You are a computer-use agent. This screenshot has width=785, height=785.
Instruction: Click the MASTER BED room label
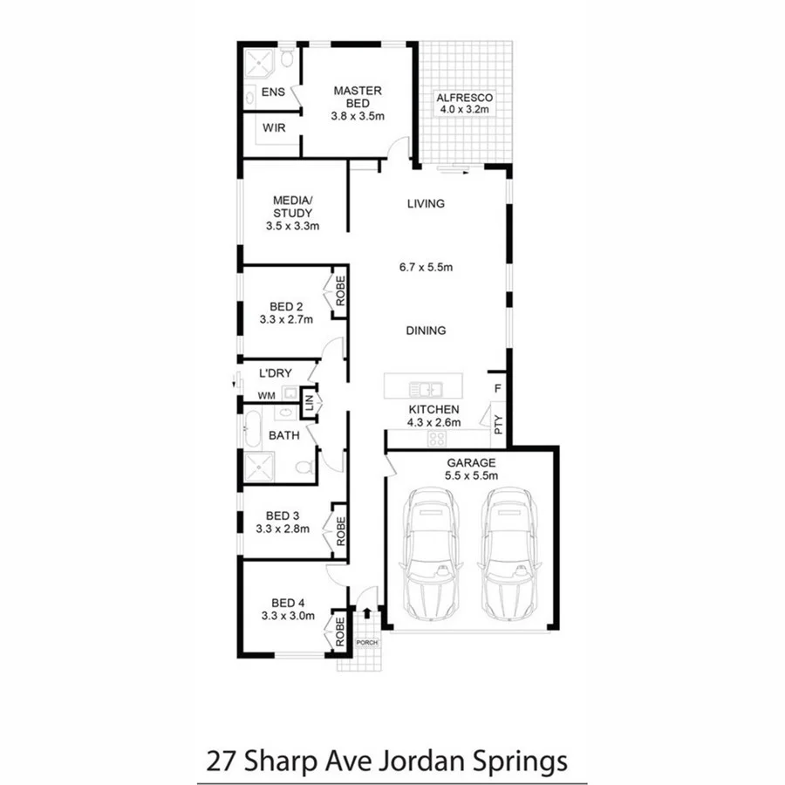tap(358, 97)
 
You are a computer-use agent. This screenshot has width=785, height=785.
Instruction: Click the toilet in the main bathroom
tap(304, 468)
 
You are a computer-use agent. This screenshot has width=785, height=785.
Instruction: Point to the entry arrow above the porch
tap(366, 614)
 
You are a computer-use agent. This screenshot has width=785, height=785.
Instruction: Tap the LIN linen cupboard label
tap(308, 402)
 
